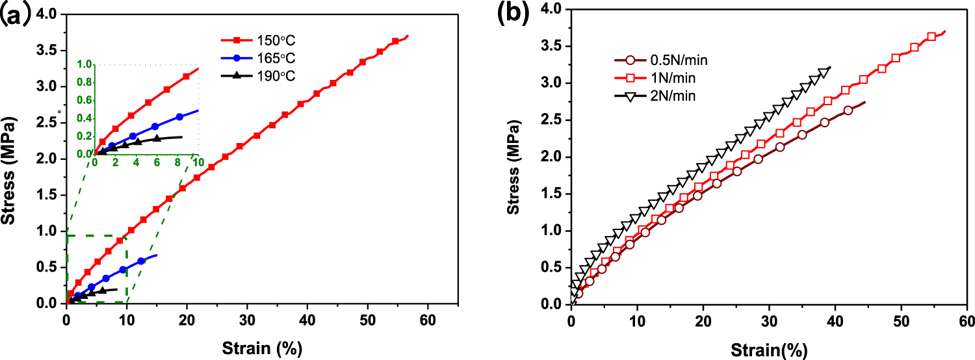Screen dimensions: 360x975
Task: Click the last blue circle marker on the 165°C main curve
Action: tap(141, 261)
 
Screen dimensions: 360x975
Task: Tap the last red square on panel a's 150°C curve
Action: tap(395, 41)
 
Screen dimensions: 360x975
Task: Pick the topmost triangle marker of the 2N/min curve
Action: tap(825, 72)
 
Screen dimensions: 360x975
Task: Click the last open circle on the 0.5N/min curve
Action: tap(848, 110)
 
